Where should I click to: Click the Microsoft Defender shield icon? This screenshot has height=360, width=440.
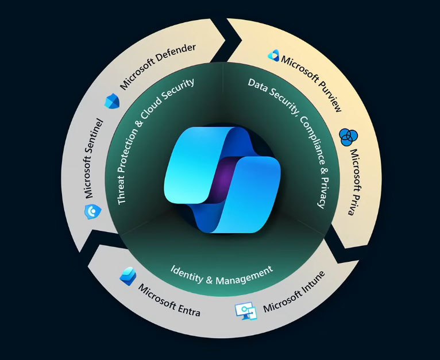click(110, 101)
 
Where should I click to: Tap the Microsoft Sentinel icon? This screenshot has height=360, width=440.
click(91, 212)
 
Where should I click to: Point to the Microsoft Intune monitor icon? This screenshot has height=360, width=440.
click(245, 311)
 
